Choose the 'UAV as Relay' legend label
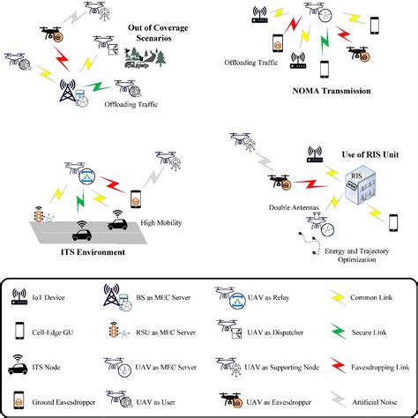tap(264, 296)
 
